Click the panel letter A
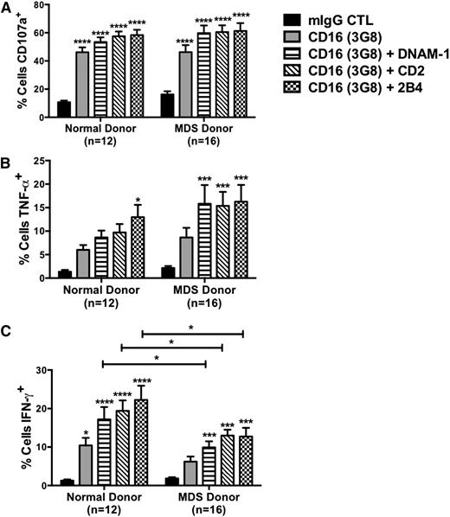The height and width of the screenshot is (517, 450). pos(6,8)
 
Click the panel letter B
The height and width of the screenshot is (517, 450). pos(6,163)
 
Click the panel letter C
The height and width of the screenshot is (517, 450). pos(6,328)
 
